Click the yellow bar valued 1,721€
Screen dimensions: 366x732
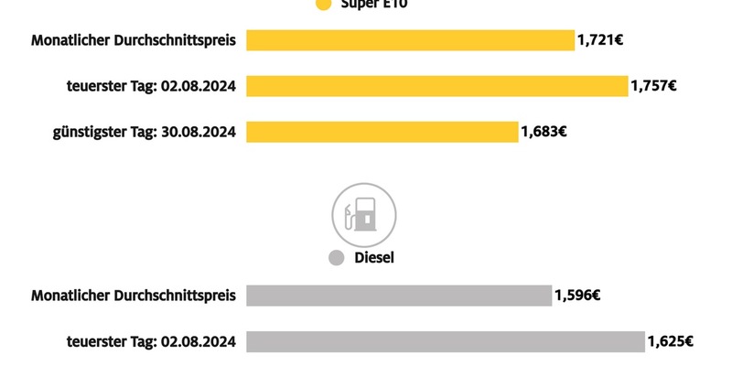click(x=410, y=40)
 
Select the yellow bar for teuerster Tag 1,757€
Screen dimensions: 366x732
click(x=437, y=86)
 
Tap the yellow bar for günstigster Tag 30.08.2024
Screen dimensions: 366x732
click(x=382, y=132)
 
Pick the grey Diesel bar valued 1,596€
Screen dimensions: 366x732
click(x=398, y=296)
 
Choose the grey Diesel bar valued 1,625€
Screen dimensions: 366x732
click(x=445, y=341)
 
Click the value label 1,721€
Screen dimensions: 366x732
click(x=600, y=40)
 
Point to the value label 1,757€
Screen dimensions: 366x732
click(x=653, y=86)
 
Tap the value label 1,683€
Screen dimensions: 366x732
click(x=544, y=132)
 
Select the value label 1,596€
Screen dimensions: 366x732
click(x=577, y=296)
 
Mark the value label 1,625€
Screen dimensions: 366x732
click(x=670, y=341)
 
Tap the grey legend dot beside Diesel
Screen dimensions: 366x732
click(x=336, y=258)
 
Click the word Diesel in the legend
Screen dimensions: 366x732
click(x=373, y=258)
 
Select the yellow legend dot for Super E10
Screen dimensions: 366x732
click(x=322, y=5)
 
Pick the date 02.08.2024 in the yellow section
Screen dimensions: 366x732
click(x=199, y=86)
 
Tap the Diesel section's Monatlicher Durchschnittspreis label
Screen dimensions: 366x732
click(x=134, y=296)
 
